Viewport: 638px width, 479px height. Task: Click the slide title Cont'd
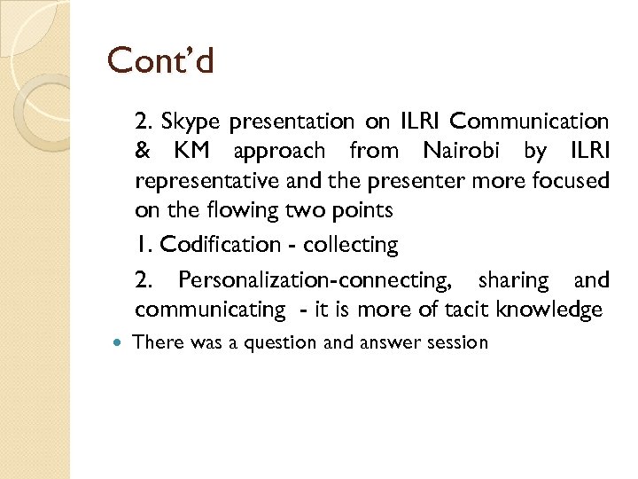(x=161, y=60)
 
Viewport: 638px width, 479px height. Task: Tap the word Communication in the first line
(x=534, y=121)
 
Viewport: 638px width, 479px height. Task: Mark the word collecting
(x=351, y=244)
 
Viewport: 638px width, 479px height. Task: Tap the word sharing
(x=513, y=280)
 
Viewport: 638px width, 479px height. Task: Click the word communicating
(x=210, y=310)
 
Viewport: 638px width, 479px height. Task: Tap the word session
(x=457, y=342)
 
